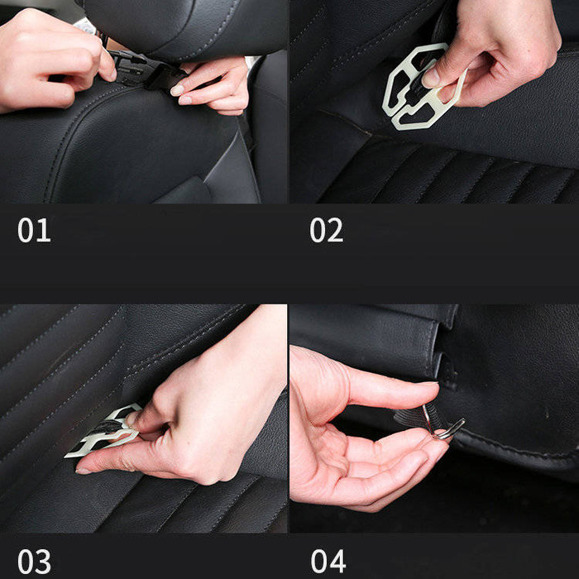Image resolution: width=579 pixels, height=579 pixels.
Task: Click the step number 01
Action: click(x=34, y=230)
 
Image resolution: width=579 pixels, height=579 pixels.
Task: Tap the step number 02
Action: click(x=326, y=230)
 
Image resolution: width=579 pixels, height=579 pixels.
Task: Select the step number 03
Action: click(x=34, y=561)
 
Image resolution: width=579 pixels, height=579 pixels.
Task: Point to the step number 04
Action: click(x=328, y=561)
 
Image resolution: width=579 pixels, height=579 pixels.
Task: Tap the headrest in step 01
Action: click(x=190, y=25)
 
